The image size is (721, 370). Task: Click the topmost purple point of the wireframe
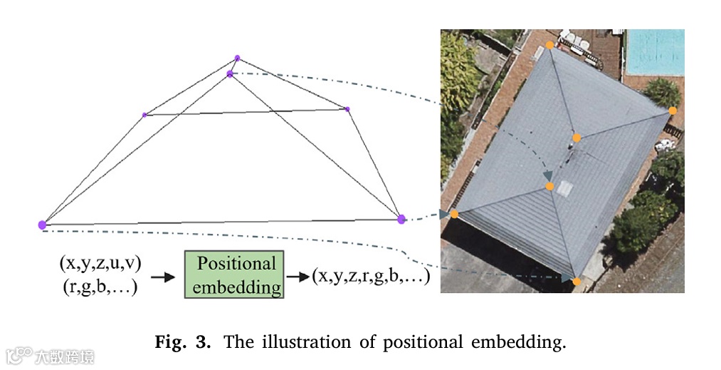tap(238, 58)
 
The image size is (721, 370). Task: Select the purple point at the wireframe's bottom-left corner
tap(42, 225)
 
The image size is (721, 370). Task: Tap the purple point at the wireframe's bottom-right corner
tap(401, 219)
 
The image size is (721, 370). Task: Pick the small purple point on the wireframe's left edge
tap(144, 115)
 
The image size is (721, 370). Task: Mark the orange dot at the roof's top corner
tap(549, 45)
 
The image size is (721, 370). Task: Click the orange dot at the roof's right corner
tap(672, 111)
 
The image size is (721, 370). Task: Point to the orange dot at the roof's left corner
tap(454, 214)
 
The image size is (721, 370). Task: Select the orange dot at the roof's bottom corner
tap(577, 282)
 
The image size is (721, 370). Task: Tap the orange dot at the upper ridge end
tap(577, 138)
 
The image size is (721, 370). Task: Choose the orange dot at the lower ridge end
tap(550, 186)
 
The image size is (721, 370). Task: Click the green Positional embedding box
tap(234, 274)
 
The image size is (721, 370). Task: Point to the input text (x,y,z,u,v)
tap(100, 263)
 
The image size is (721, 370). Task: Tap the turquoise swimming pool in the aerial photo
tap(653, 51)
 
